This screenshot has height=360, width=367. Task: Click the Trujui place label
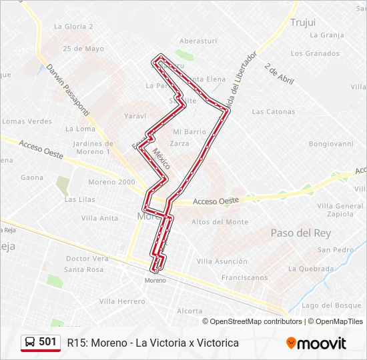pyautogui.click(x=303, y=23)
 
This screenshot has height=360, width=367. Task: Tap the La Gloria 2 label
pyautogui.click(x=73, y=27)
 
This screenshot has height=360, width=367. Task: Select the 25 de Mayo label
pyautogui.click(x=83, y=49)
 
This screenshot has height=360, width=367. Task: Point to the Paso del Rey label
pyautogui.click(x=300, y=233)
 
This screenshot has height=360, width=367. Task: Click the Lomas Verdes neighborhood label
pyautogui.click(x=27, y=121)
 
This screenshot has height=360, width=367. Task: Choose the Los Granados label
pyautogui.click(x=315, y=53)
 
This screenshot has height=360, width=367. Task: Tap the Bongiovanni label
pyautogui.click(x=331, y=143)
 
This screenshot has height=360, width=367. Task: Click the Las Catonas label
pyautogui.click(x=274, y=111)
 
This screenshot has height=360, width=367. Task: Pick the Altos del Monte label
pyautogui.click(x=220, y=222)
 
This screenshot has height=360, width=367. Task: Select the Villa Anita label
pyautogui.click(x=99, y=218)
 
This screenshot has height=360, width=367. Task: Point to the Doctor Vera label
pyautogui.click(x=87, y=259)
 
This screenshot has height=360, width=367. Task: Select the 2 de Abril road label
pyautogui.click(x=279, y=74)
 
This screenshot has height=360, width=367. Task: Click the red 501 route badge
pyautogui.click(x=41, y=342)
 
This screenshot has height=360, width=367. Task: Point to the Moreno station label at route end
pyautogui.click(x=155, y=280)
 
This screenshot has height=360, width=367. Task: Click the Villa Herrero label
pyautogui.click(x=122, y=301)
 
